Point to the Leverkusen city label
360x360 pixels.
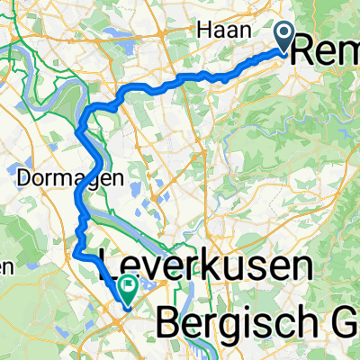(x=205, y=267)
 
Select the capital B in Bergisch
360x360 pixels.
(x=169, y=318)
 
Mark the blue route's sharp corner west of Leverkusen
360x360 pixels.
(x=77, y=256)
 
